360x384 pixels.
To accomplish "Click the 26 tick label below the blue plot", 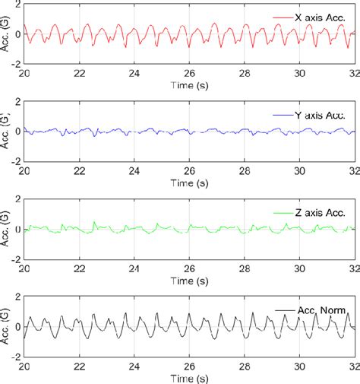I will (x=190, y=172).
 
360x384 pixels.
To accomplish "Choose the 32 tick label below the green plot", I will (x=353, y=269).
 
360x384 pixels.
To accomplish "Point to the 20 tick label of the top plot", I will (x=24, y=75).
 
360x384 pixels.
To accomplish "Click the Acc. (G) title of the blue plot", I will (x=6, y=131).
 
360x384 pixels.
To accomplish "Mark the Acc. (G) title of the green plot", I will (x=6, y=228).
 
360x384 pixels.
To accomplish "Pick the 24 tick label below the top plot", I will (x=134, y=75).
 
